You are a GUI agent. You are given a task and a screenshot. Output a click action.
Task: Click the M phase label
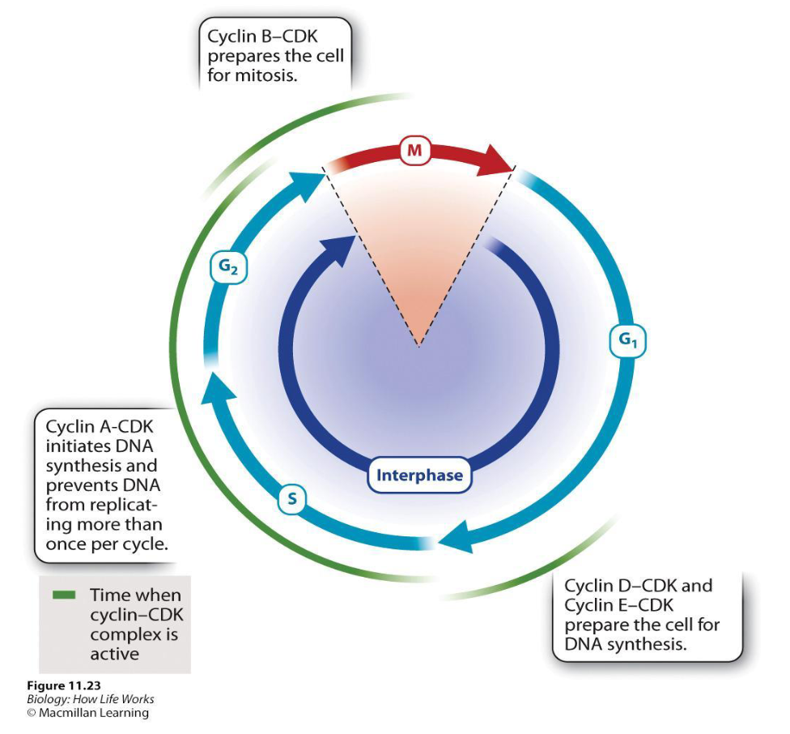click(414, 151)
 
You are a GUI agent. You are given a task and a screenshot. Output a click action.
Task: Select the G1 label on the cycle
click(627, 342)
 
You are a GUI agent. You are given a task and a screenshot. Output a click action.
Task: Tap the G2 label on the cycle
click(227, 267)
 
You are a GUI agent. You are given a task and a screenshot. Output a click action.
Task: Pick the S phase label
click(292, 501)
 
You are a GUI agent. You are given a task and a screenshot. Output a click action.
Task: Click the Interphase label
click(419, 475)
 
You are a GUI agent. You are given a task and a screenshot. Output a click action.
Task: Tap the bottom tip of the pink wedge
click(418, 344)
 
